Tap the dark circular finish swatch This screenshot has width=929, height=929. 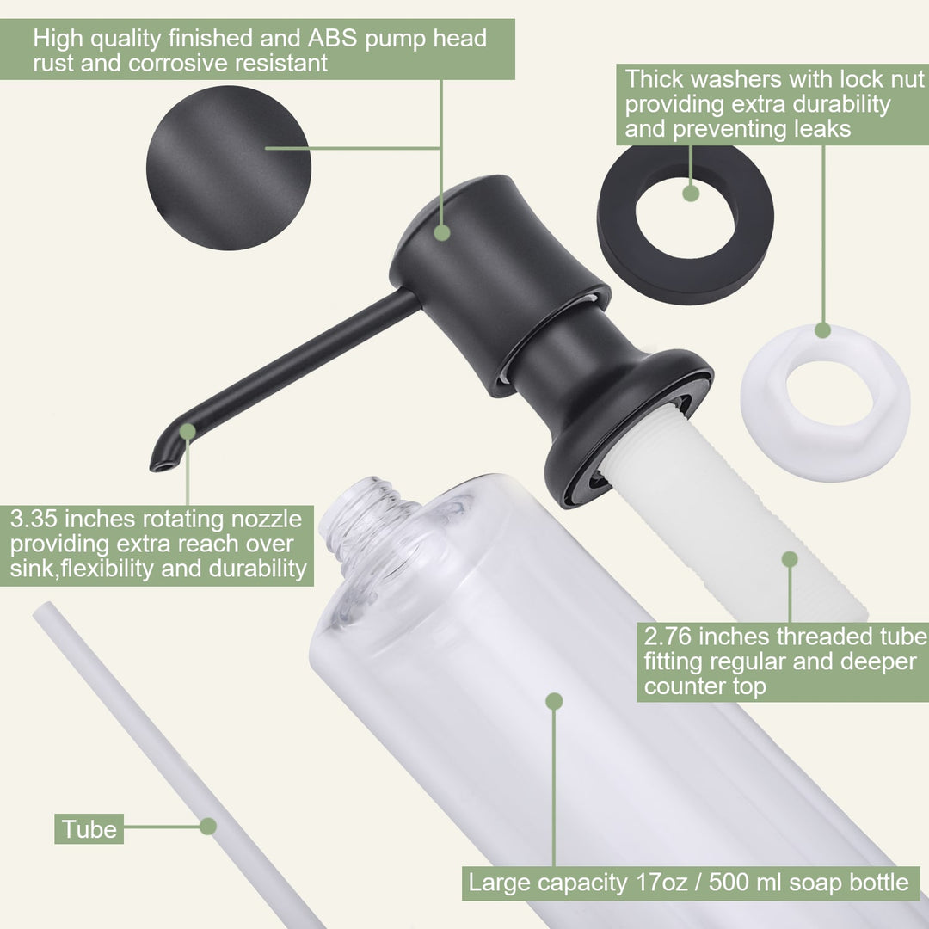coord(229,168)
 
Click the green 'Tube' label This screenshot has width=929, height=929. coord(89,829)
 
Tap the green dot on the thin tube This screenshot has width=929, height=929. coord(208,826)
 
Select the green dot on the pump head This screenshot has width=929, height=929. coord(442,232)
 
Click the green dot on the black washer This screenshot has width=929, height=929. coord(691,194)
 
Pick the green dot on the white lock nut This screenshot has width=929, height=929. coord(823,330)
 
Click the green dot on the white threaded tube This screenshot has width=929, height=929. coord(790,559)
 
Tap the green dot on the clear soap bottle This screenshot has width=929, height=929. coord(554,702)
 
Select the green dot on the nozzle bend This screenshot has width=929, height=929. coord(188,432)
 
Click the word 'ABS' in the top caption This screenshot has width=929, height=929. coord(332,38)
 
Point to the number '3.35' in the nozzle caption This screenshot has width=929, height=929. coord(34,519)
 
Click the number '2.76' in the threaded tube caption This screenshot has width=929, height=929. coord(668,637)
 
